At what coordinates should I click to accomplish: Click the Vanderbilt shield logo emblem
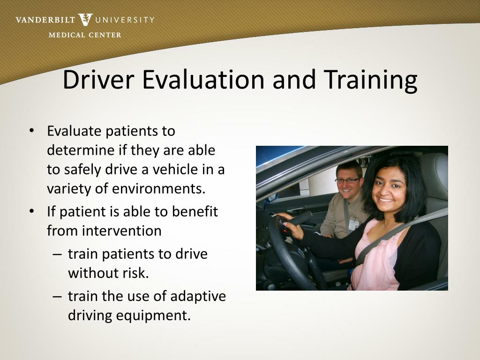(86, 20)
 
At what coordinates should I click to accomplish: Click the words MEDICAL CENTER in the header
(85, 35)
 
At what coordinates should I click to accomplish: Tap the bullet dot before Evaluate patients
(31, 131)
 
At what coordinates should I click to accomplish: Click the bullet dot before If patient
(31, 211)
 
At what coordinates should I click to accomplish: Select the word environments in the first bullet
(158, 188)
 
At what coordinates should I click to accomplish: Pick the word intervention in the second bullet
(122, 231)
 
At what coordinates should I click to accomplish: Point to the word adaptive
(198, 296)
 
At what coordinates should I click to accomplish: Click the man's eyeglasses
(347, 180)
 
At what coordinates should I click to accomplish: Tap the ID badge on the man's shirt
(353, 225)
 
